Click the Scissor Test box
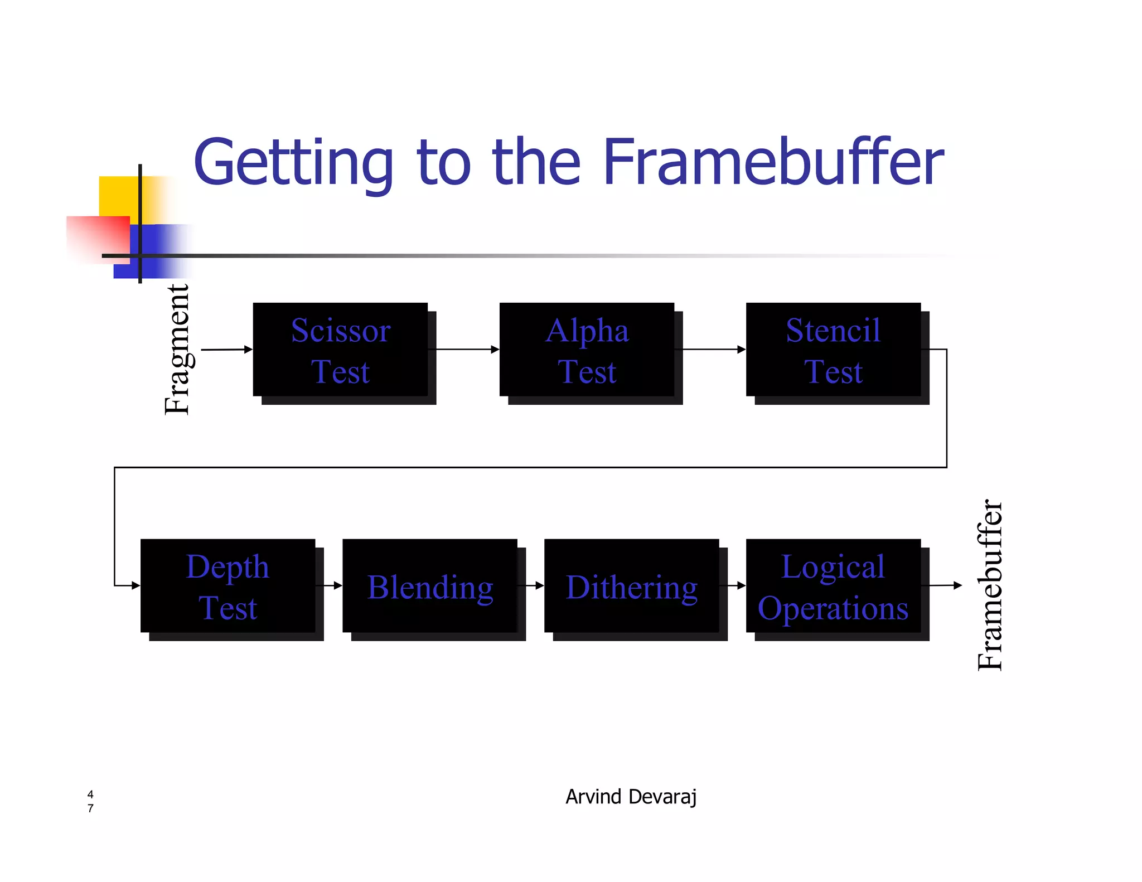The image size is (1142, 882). point(340,350)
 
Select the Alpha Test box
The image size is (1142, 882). point(587,350)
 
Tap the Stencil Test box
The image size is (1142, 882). point(833,350)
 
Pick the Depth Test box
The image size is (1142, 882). point(228,585)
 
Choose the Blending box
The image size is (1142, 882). point(429,585)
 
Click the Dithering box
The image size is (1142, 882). point(631,585)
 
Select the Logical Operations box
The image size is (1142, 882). point(833,585)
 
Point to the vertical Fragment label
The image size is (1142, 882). point(177,350)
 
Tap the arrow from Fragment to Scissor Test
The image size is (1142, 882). point(226,350)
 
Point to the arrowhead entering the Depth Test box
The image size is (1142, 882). point(135,585)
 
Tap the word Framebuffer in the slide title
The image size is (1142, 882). point(773,162)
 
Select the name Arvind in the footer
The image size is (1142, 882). point(593,797)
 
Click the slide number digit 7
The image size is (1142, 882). point(90,808)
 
